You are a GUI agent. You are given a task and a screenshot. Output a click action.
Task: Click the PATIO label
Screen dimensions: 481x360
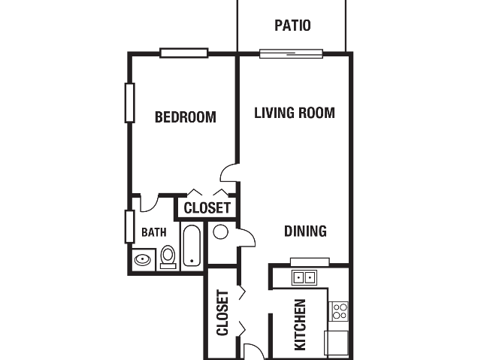pos(292,26)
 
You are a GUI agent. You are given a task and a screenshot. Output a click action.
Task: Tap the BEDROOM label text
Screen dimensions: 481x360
pos(186,116)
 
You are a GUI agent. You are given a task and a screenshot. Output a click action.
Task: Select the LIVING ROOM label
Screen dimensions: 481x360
pos(295,113)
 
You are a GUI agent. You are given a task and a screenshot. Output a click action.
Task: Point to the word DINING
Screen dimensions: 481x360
pos(305,231)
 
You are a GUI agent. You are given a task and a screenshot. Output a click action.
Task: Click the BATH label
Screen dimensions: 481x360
pos(153,232)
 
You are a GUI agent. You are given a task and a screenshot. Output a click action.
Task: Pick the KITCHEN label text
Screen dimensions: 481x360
pos(300,325)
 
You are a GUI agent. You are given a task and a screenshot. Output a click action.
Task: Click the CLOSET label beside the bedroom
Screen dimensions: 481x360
pos(207,208)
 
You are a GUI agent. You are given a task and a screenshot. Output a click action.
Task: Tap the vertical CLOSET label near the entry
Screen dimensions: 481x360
pos(222,313)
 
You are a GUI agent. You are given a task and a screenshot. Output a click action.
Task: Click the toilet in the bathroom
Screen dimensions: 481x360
pos(168,257)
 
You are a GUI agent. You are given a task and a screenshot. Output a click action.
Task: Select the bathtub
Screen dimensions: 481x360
pos(192,246)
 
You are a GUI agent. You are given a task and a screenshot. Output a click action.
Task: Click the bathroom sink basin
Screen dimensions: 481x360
pos(143,260)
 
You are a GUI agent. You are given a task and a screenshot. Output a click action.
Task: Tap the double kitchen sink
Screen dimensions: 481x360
pos(304,278)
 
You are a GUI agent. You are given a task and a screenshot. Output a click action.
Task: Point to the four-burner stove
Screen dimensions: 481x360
pos(339,311)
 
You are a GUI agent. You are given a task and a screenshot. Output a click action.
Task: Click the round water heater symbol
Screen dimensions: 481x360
pos(220,231)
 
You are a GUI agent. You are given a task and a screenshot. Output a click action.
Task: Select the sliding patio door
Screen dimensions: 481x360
pos(291,53)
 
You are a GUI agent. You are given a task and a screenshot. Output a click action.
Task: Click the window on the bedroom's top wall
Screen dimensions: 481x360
pos(184,53)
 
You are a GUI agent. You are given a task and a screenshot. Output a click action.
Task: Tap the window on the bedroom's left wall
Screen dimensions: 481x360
pos(130,103)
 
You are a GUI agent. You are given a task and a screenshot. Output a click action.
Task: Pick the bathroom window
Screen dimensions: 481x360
pos(130,227)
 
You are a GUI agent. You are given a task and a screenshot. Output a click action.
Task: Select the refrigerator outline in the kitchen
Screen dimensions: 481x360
pos(337,343)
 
